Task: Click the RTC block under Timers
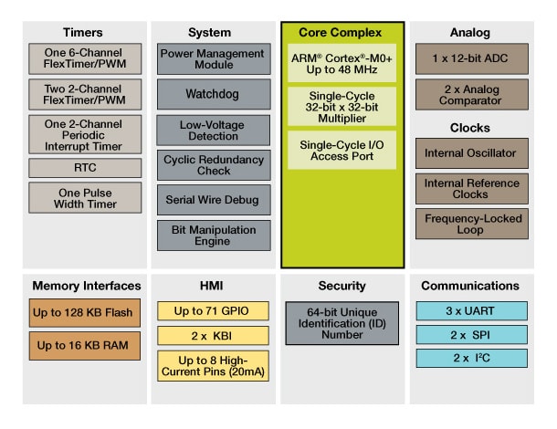[x=85, y=168]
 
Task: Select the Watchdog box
[x=214, y=94]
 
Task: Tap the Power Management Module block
[x=214, y=59]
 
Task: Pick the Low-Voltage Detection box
[x=214, y=129]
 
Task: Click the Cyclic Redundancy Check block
[x=214, y=164]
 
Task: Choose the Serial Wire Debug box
[x=214, y=199]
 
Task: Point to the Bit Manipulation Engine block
[x=214, y=235]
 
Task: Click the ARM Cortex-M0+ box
[x=342, y=62]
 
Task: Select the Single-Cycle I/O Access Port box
[x=342, y=149]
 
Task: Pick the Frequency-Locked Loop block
[x=470, y=224]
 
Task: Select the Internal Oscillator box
[x=470, y=152]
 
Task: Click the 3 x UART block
[x=470, y=310]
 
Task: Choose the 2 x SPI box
[x=470, y=333]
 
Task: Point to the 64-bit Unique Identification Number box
[x=342, y=323]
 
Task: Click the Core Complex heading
[x=342, y=33]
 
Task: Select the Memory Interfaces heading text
[x=85, y=286]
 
